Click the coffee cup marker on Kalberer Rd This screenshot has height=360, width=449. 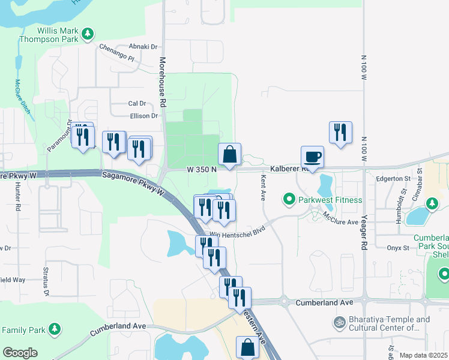312,157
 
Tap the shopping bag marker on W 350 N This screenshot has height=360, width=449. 229,154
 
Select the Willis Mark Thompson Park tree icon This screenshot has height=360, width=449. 88,32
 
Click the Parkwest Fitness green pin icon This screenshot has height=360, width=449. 289,199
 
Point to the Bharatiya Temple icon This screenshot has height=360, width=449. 338,323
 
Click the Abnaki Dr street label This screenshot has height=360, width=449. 143,46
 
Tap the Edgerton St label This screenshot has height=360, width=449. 393,178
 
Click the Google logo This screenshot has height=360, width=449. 20,353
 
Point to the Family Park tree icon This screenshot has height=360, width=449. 55,329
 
